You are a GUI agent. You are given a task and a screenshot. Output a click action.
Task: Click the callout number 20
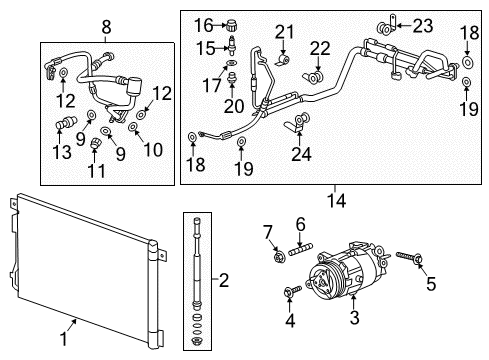pos(234,105)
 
